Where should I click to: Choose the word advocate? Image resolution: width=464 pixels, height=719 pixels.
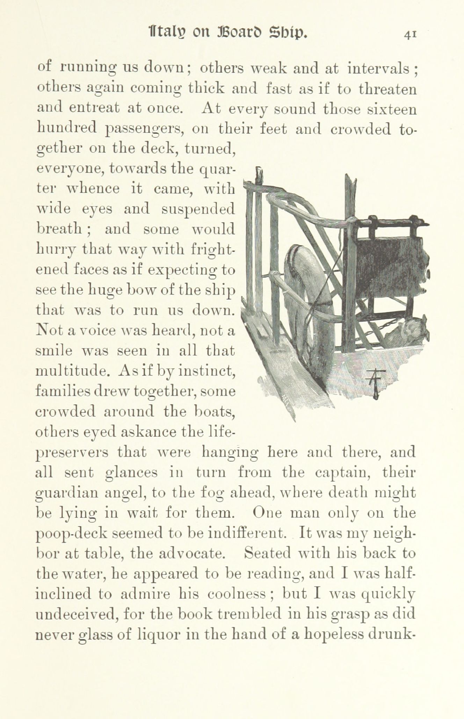click(x=191, y=554)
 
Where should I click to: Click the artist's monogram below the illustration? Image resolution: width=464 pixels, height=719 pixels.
click(x=375, y=383)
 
